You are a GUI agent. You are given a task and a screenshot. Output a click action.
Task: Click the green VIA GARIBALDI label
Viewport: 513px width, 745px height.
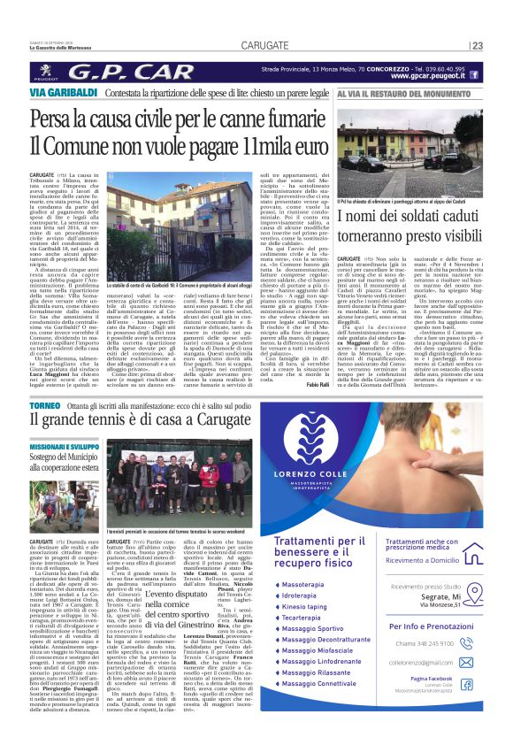click(x=62, y=92)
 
